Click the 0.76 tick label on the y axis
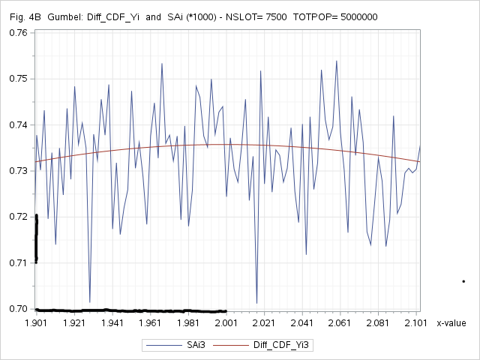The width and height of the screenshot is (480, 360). point(17,33)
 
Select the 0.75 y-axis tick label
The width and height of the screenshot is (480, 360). point(17,79)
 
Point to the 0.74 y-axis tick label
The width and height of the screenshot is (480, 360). point(17,124)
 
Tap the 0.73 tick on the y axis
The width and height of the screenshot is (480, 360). point(17,171)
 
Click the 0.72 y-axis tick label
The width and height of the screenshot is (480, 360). point(17,217)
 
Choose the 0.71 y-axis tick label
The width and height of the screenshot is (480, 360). point(17,262)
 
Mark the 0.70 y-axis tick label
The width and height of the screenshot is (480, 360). point(17,308)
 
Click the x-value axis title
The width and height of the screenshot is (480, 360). point(451,323)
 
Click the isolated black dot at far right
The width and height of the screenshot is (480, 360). point(463,281)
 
